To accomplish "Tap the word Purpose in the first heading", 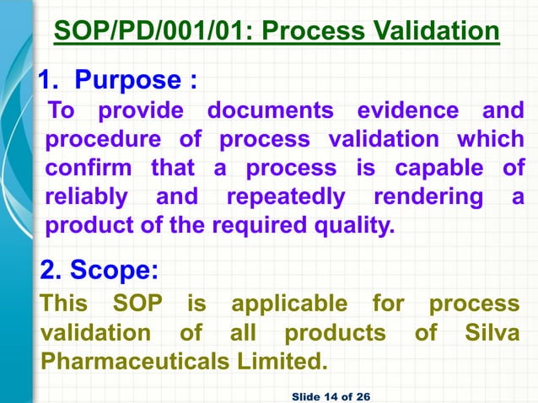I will coord(126,81).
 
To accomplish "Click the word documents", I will coord(270,110).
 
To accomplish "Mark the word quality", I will coord(359,226).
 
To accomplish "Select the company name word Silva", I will coord(492,333).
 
